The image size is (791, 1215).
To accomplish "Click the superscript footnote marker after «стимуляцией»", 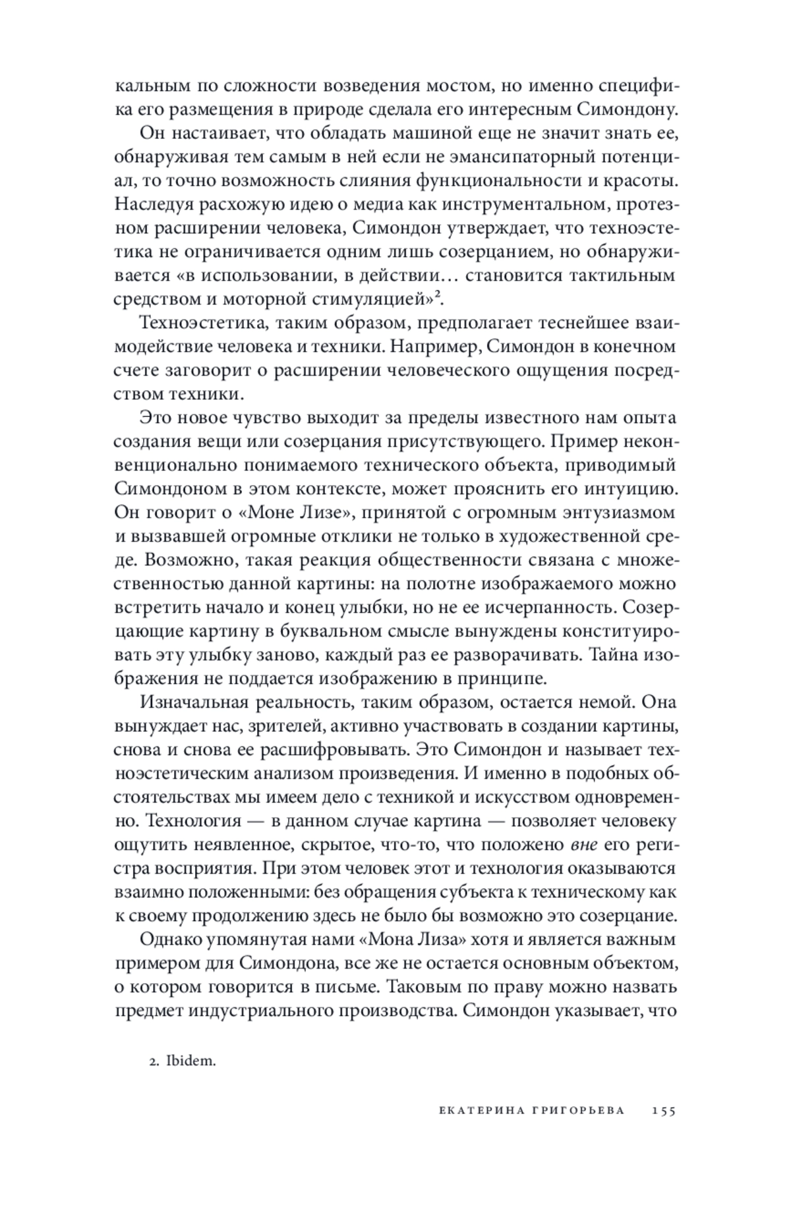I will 436,295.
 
